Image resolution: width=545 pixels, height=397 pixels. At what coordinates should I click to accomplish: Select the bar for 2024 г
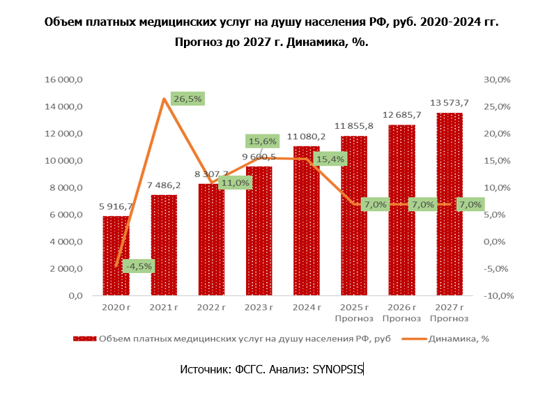[x=307, y=230]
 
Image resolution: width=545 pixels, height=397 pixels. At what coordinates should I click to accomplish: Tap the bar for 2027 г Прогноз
[x=450, y=209]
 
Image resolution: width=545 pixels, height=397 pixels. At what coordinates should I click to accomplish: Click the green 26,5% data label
[x=187, y=99]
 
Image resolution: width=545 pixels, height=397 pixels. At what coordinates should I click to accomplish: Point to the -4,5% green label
[x=137, y=266]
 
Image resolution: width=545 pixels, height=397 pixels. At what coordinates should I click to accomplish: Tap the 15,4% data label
[x=330, y=159]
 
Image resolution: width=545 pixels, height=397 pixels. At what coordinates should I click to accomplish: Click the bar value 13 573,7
[x=450, y=103]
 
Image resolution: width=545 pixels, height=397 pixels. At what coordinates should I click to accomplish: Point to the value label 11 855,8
[x=354, y=126]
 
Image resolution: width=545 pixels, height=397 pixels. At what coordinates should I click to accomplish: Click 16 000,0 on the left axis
[x=64, y=80]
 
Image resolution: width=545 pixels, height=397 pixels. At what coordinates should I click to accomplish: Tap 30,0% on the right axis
[x=497, y=80]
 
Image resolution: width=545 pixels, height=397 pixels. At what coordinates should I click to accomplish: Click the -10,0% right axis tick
[x=498, y=296]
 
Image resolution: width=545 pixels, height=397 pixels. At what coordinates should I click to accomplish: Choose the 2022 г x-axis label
[x=211, y=307]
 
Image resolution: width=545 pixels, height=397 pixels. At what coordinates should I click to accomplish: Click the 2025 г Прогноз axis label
[x=354, y=313]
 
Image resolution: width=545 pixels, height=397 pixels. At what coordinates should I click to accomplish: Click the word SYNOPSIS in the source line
[x=337, y=370]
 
